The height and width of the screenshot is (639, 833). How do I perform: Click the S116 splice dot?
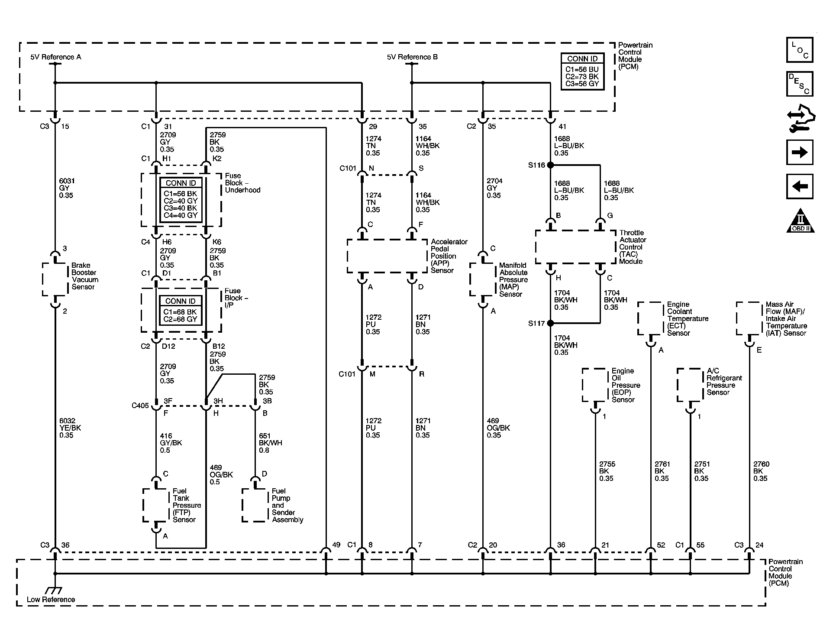[550, 165]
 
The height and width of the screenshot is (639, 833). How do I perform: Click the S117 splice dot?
[550, 323]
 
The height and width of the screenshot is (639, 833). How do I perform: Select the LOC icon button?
[799, 50]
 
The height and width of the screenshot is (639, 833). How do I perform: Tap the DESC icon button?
[799, 84]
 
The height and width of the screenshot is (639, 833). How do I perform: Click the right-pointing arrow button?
[799, 152]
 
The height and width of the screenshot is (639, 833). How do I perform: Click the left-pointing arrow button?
[799, 186]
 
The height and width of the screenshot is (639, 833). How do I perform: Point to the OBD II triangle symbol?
[800, 221]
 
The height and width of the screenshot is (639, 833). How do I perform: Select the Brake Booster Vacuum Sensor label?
[84, 276]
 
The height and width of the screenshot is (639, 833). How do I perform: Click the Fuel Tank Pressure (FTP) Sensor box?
[155, 505]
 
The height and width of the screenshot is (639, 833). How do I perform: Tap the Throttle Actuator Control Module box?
[575, 247]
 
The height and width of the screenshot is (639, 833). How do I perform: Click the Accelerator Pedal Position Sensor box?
[387, 256]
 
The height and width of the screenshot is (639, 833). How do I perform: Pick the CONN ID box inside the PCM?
[582, 72]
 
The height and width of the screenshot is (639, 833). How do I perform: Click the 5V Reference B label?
[412, 57]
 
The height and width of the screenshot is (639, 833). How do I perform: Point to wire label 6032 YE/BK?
[70, 428]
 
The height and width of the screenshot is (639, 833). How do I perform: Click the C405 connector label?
[140, 405]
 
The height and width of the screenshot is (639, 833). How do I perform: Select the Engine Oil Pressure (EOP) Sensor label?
[626, 385]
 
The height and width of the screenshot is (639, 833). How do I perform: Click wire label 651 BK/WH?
[270, 443]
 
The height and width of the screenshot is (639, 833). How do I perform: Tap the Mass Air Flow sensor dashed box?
[749, 319]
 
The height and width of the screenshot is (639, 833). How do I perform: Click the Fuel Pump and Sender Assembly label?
[287, 505]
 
